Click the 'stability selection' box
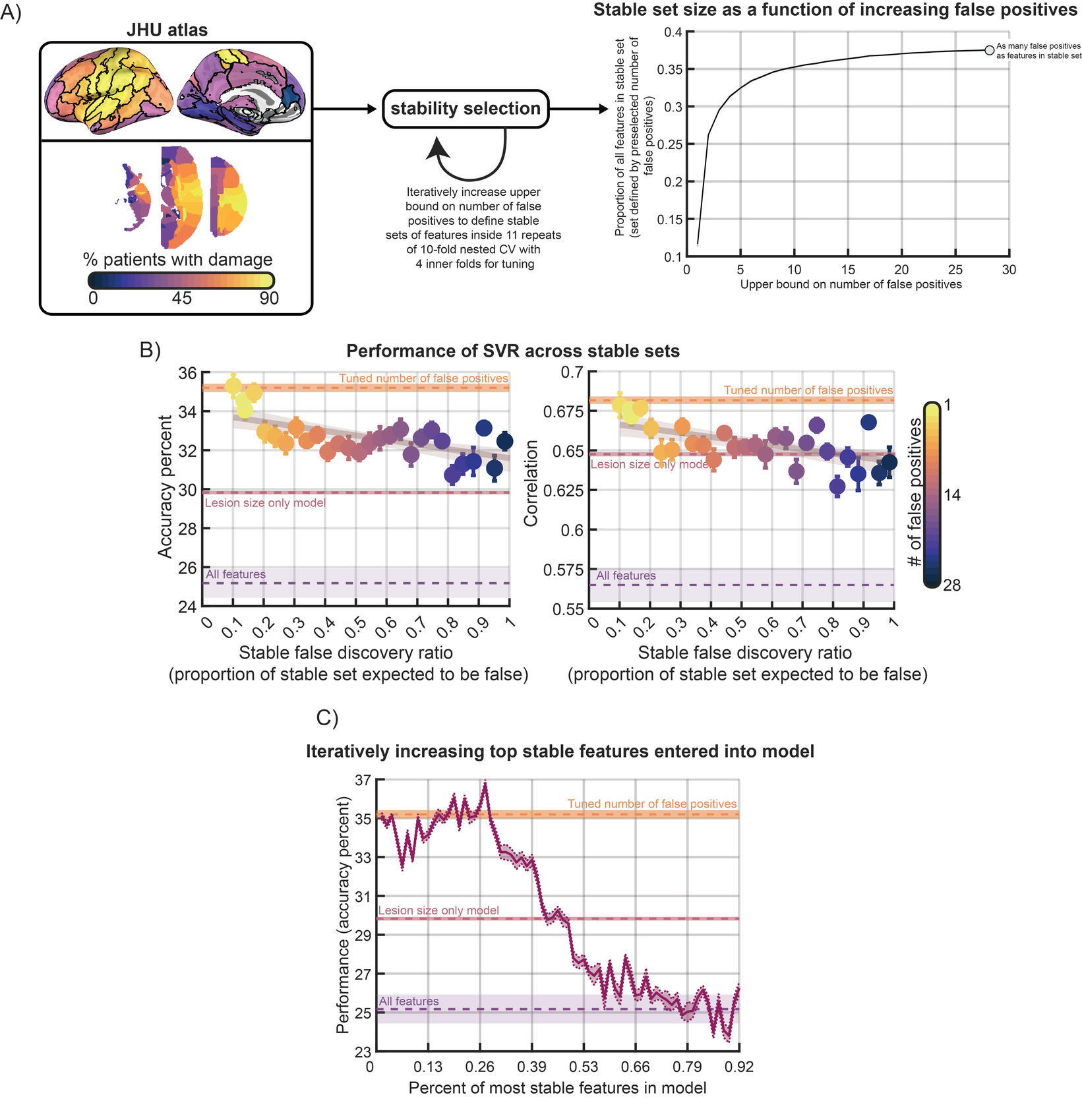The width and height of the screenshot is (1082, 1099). click(466, 109)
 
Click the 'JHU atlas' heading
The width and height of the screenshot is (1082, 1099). click(167, 30)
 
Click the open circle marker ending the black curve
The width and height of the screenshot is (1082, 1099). click(989, 50)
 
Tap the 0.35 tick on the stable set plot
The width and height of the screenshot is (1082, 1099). click(669, 69)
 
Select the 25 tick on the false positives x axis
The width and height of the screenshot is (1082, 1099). click(955, 270)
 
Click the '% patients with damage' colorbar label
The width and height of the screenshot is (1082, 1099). click(177, 260)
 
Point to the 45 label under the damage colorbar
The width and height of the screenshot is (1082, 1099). click(181, 298)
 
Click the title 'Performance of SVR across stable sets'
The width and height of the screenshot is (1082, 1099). click(513, 351)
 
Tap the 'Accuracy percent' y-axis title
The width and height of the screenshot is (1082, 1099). click(165, 487)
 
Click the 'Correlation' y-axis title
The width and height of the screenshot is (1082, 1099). click(531, 483)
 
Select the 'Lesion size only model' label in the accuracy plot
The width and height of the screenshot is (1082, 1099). click(265, 503)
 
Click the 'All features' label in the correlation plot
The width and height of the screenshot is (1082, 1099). click(626, 576)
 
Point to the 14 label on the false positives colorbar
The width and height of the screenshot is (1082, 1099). click(952, 495)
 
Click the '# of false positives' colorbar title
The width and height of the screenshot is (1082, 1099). click(915, 493)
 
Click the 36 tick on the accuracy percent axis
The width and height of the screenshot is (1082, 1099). click(187, 373)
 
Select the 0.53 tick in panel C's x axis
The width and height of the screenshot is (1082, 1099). click(583, 1067)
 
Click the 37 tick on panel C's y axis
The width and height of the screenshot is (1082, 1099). click(363, 780)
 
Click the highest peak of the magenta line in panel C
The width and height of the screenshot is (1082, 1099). click(485, 784)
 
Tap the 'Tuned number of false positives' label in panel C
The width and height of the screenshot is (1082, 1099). click(651, 804)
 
